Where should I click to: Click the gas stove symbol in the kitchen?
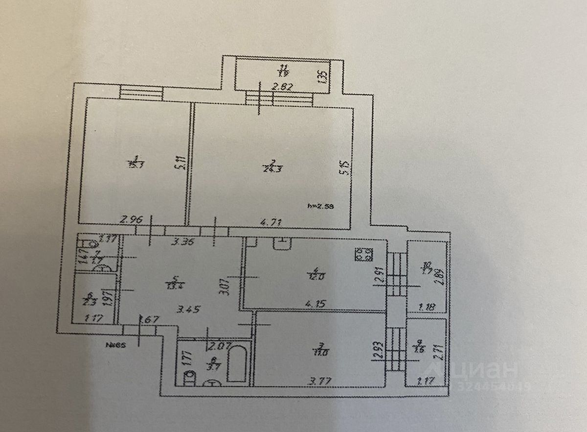tap(363, 255)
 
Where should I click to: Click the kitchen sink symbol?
tap(282, 243)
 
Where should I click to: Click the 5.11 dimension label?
tap(181, 162)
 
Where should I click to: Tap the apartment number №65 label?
tap(115, 344)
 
